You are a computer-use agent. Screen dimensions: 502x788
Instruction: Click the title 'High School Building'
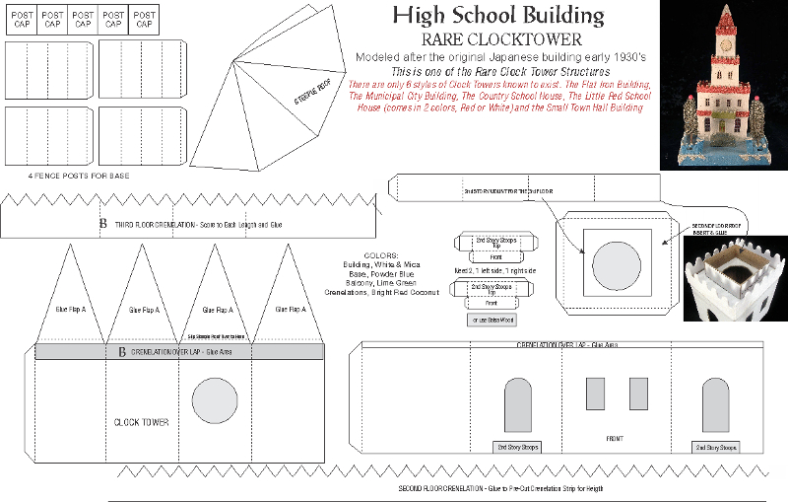497,15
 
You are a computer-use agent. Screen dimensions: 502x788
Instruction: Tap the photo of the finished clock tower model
722,83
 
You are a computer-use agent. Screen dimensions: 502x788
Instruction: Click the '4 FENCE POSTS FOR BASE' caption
64,176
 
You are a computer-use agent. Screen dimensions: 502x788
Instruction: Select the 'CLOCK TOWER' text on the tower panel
142,422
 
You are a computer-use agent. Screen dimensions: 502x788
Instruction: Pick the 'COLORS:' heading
381,256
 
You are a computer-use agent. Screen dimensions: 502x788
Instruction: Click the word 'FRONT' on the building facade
615,438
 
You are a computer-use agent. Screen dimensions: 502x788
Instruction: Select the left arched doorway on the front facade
520,406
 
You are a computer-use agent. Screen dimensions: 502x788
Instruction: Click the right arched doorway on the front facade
716,406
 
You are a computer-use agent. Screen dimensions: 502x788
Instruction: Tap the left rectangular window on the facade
595,394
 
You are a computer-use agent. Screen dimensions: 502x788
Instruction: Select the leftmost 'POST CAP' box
21,21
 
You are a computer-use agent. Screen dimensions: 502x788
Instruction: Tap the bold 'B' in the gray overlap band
121,351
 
